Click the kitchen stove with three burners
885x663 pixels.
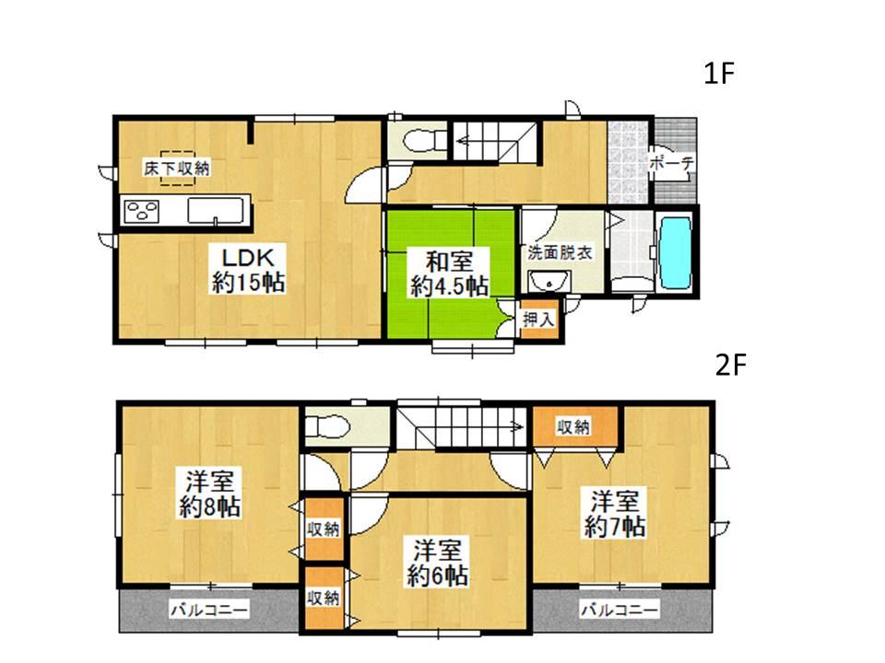point(142,211)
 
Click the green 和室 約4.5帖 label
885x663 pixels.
point(449,273)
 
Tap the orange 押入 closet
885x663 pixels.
point(537,320)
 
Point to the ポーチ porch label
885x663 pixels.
point(671,163)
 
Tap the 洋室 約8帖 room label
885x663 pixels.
point(212,494)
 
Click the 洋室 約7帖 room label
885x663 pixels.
point(615,515)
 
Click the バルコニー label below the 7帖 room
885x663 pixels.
point(619,610)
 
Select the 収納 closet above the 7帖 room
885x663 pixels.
point(573,426)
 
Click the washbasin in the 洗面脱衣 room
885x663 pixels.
point(555,282)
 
